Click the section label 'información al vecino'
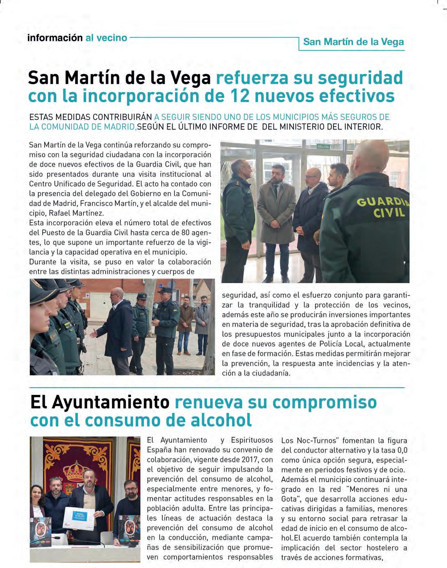pyautogui.click(x=77, y=38)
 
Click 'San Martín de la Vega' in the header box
pyautogui.click(x=353, y=42)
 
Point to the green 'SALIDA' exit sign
pyautogui.click(x=323, y=146)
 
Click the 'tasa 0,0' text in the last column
pyautogui.click(x=388, y=450)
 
